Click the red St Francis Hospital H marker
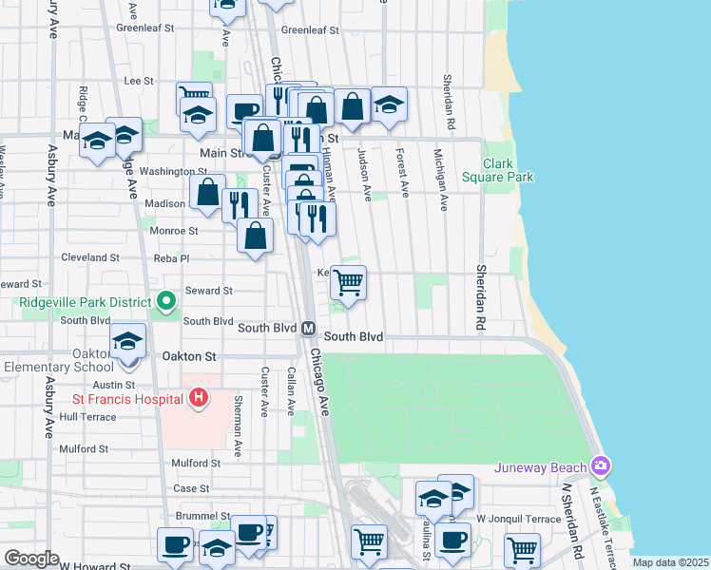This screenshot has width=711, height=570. click(x=199, y=396)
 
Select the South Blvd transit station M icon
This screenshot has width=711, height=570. click(x=309, y=328)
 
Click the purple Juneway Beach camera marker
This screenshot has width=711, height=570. click(x=601, y=465)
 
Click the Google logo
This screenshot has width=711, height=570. click(x=31, y=559)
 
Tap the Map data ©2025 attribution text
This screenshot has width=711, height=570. click(x=670, y=562)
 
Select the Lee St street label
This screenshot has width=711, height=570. click(x=139, y=82)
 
